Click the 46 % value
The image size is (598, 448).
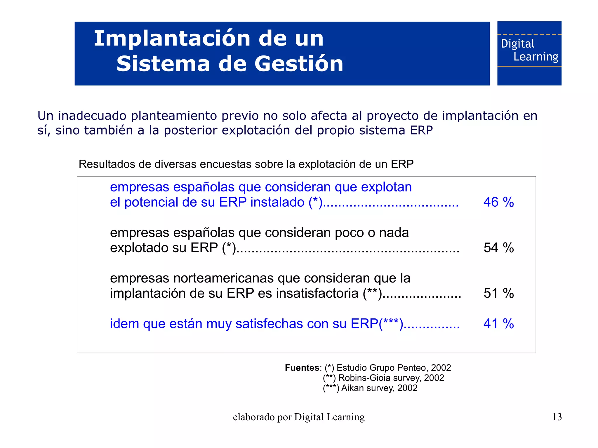tap(498, 202)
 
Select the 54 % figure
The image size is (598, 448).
tap(498, 248)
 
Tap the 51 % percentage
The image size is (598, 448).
tap(498, 293)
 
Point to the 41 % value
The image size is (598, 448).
tap(498, 324)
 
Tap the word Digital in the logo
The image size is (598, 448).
tap(517, 44)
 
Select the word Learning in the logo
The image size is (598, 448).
tap(536, 57)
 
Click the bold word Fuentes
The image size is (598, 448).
tap(302, 368)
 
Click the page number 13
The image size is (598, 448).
tap(557, 417)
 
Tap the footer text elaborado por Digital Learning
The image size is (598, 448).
tap(299, 417)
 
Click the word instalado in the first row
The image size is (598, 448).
tap(277, 202)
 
